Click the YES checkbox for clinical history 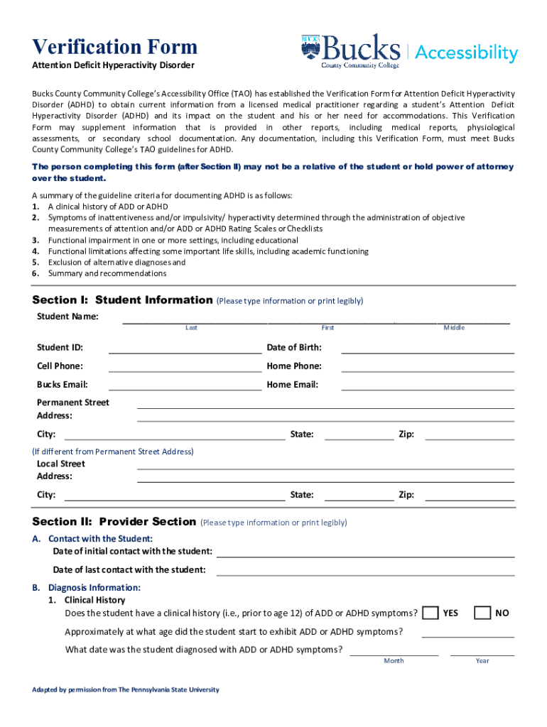pos(430,613)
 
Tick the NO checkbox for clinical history pos(482,613)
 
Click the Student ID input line pos(185,348)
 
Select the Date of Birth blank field pos(428,348)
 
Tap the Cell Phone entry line pos(185,366)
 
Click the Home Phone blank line pos(428,366)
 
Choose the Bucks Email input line pos(185,385)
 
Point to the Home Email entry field pos(428,385)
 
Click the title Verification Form pos(114,48)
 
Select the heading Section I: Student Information pos(122,300)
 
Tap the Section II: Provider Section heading pos(114,522)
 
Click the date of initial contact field pos(365,552)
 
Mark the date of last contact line pos(365,570)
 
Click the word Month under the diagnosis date pos(394,661)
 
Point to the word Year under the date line pos(482,661)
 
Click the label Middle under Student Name pos(454,327)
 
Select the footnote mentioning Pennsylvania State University pos(126,689)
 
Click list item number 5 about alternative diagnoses pos(117,262)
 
